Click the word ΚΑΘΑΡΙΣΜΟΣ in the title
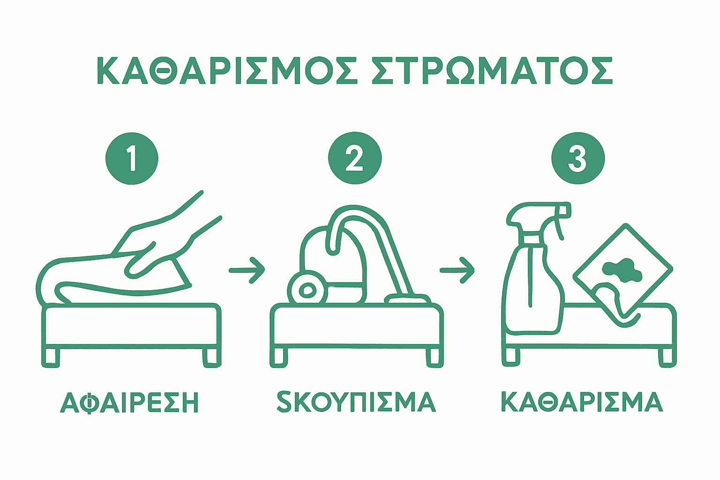click(227, 71)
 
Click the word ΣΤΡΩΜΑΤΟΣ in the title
click(492, 71)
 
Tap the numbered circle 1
click(132, 158)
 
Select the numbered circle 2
click(355, 158)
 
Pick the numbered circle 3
click(578, 158)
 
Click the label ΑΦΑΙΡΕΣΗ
click(129, 402)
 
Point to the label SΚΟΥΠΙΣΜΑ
click(356, 401)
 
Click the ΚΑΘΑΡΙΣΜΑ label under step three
click(582, 402)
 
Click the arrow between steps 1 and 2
click(247, 270)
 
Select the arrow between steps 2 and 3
click(457, 270)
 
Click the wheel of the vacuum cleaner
click(307, 290)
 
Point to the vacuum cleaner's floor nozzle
click(408, 299)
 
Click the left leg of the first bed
click(51, 357)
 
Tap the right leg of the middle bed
click(435, 357)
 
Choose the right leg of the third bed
click(667, 357)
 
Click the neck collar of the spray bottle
click(532, 239)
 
